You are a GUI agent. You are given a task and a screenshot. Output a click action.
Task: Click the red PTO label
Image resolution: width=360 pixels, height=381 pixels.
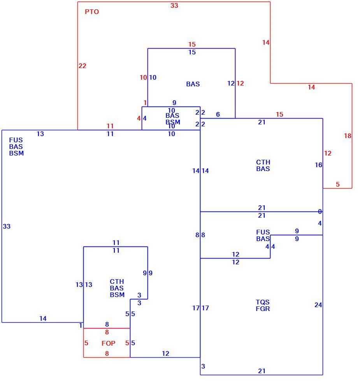(x=92, y=12)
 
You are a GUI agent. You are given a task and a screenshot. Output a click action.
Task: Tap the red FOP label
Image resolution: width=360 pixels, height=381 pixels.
(x=108, y=343)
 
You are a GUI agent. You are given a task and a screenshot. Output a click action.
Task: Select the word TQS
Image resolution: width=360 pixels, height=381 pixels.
(x=263, y=302)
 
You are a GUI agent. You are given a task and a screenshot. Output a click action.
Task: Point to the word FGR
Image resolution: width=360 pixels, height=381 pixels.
(x=263, y=309)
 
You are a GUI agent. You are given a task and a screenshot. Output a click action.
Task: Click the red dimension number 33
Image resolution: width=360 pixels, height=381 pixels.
(x=174, y=5)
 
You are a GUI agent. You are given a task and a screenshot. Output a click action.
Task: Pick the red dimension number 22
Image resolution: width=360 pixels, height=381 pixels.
(x=82, y=66)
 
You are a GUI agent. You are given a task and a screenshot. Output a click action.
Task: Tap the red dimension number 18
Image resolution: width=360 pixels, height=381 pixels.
(x=348, y=136)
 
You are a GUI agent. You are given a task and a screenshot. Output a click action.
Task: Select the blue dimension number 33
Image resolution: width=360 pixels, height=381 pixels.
(x=7, y=226)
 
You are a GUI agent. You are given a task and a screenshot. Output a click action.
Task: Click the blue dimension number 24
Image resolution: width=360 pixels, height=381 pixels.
(x=318, y=305)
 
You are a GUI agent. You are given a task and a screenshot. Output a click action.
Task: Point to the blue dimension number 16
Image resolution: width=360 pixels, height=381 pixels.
(x=318, y=165)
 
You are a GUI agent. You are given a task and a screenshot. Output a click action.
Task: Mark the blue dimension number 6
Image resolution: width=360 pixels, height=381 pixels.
(x=218, y=114)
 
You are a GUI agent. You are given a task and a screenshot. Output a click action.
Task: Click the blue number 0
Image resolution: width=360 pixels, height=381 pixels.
(x=320, y=211)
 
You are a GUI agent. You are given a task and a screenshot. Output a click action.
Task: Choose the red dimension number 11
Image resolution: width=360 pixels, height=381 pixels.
(x=110, y=126)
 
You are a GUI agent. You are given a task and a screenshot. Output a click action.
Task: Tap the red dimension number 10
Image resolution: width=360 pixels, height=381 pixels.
(x=143, y=77)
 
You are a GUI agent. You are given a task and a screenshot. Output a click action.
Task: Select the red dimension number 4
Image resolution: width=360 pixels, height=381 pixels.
(x=139, y=118)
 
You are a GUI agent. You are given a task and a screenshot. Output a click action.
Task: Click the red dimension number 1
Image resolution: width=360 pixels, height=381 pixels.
(x=145, y=103)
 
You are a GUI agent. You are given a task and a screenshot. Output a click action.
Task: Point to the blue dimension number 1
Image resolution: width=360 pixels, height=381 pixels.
(x=81, y=325)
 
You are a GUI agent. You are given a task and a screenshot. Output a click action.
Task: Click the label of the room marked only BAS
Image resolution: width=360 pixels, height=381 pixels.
(x=193, y=84)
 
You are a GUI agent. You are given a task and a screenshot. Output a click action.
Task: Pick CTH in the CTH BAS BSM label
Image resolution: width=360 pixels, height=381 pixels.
(x=117, y=281)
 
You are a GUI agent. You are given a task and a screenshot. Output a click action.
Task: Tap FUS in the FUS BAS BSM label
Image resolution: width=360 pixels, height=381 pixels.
(x=16, y=140)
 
